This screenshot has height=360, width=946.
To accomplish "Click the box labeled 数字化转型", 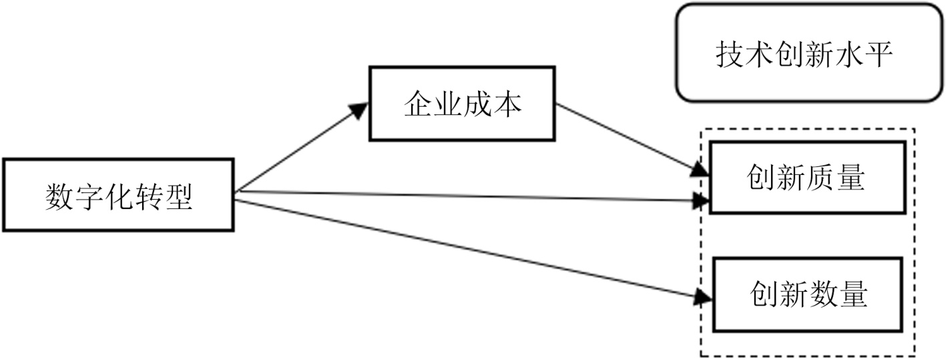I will (118, 194).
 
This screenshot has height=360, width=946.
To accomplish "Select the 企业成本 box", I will (462, 104).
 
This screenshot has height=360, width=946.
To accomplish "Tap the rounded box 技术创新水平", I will (804, 53).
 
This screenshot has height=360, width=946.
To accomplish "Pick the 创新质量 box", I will (806, 178).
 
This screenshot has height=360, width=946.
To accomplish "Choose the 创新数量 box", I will (808, 294).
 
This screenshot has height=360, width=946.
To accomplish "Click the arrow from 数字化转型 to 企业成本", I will (300, 148).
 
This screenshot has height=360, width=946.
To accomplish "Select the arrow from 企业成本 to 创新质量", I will (628, 138).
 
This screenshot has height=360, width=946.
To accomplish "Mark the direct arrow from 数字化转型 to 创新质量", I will (467, 196).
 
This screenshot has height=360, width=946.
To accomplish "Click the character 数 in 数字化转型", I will (59, 196).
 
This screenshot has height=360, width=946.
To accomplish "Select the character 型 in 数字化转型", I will (179, 196).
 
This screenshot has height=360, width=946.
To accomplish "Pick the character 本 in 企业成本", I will (507, 104).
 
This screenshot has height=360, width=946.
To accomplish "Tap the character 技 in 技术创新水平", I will (730, 53).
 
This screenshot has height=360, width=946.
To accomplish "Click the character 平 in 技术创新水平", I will (879, 53).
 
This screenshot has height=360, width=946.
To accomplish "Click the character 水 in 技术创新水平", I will (849, 53).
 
